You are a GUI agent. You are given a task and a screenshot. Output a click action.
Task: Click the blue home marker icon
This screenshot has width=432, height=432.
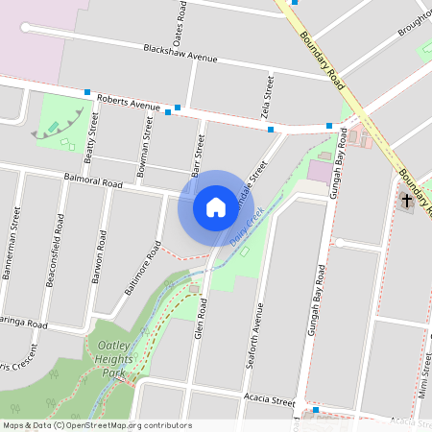215,206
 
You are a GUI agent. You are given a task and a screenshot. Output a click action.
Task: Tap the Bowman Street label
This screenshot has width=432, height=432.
147,141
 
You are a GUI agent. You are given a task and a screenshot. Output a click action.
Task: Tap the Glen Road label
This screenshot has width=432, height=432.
201,316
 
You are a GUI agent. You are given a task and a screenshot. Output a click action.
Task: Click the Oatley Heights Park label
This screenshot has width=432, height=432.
111,358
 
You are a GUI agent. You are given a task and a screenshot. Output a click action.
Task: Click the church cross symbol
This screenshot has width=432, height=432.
406,202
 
